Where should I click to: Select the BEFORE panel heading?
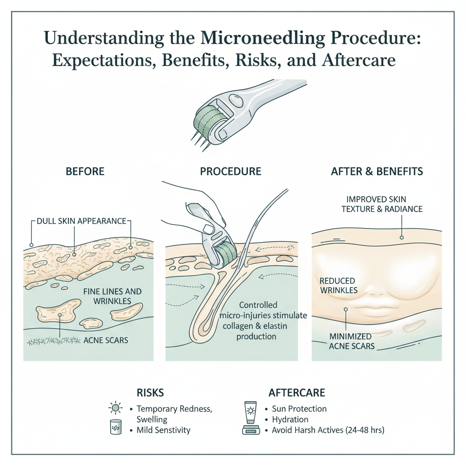tap(85, 172)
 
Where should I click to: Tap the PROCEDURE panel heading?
tap(231, 172)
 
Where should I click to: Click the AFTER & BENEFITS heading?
tap(377, 172)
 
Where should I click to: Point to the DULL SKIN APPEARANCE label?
tap(81, 221)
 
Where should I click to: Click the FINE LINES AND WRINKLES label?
tap(112, 296)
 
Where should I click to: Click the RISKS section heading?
tap(151, 393)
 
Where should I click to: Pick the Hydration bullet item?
tap(290, 420)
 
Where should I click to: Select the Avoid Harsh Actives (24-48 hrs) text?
tap(328, 430)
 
